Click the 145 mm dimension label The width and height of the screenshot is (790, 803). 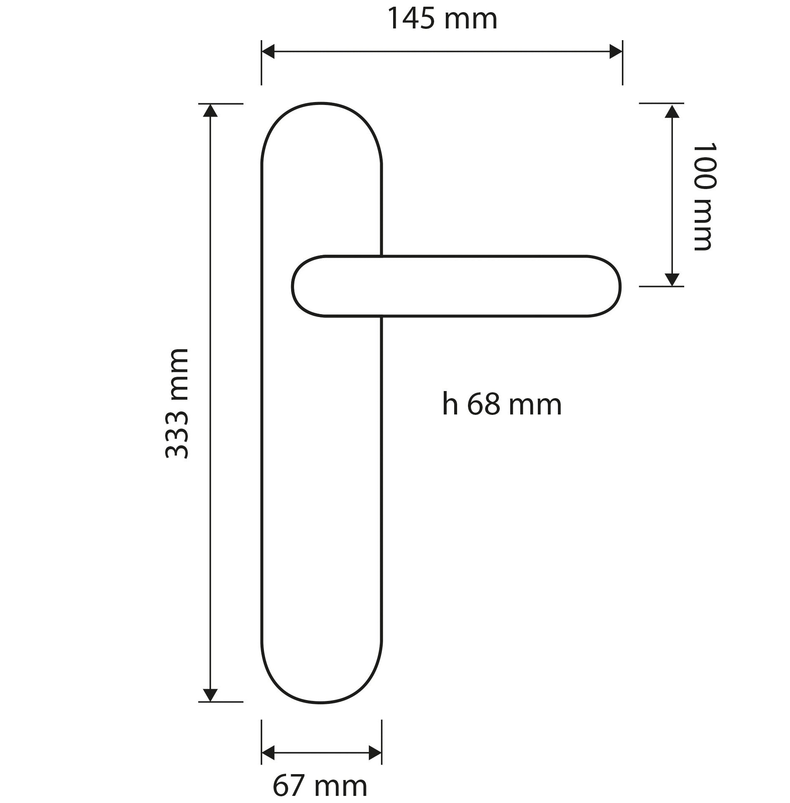pos(442,19)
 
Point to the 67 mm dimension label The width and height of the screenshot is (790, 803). pos(320,787)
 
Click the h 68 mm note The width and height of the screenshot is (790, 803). pos(502,404)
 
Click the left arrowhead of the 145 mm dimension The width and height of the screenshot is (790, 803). pos(268,52)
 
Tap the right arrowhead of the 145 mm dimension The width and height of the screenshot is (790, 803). pos(616,52)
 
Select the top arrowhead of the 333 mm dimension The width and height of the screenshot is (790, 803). pos(210,110)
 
